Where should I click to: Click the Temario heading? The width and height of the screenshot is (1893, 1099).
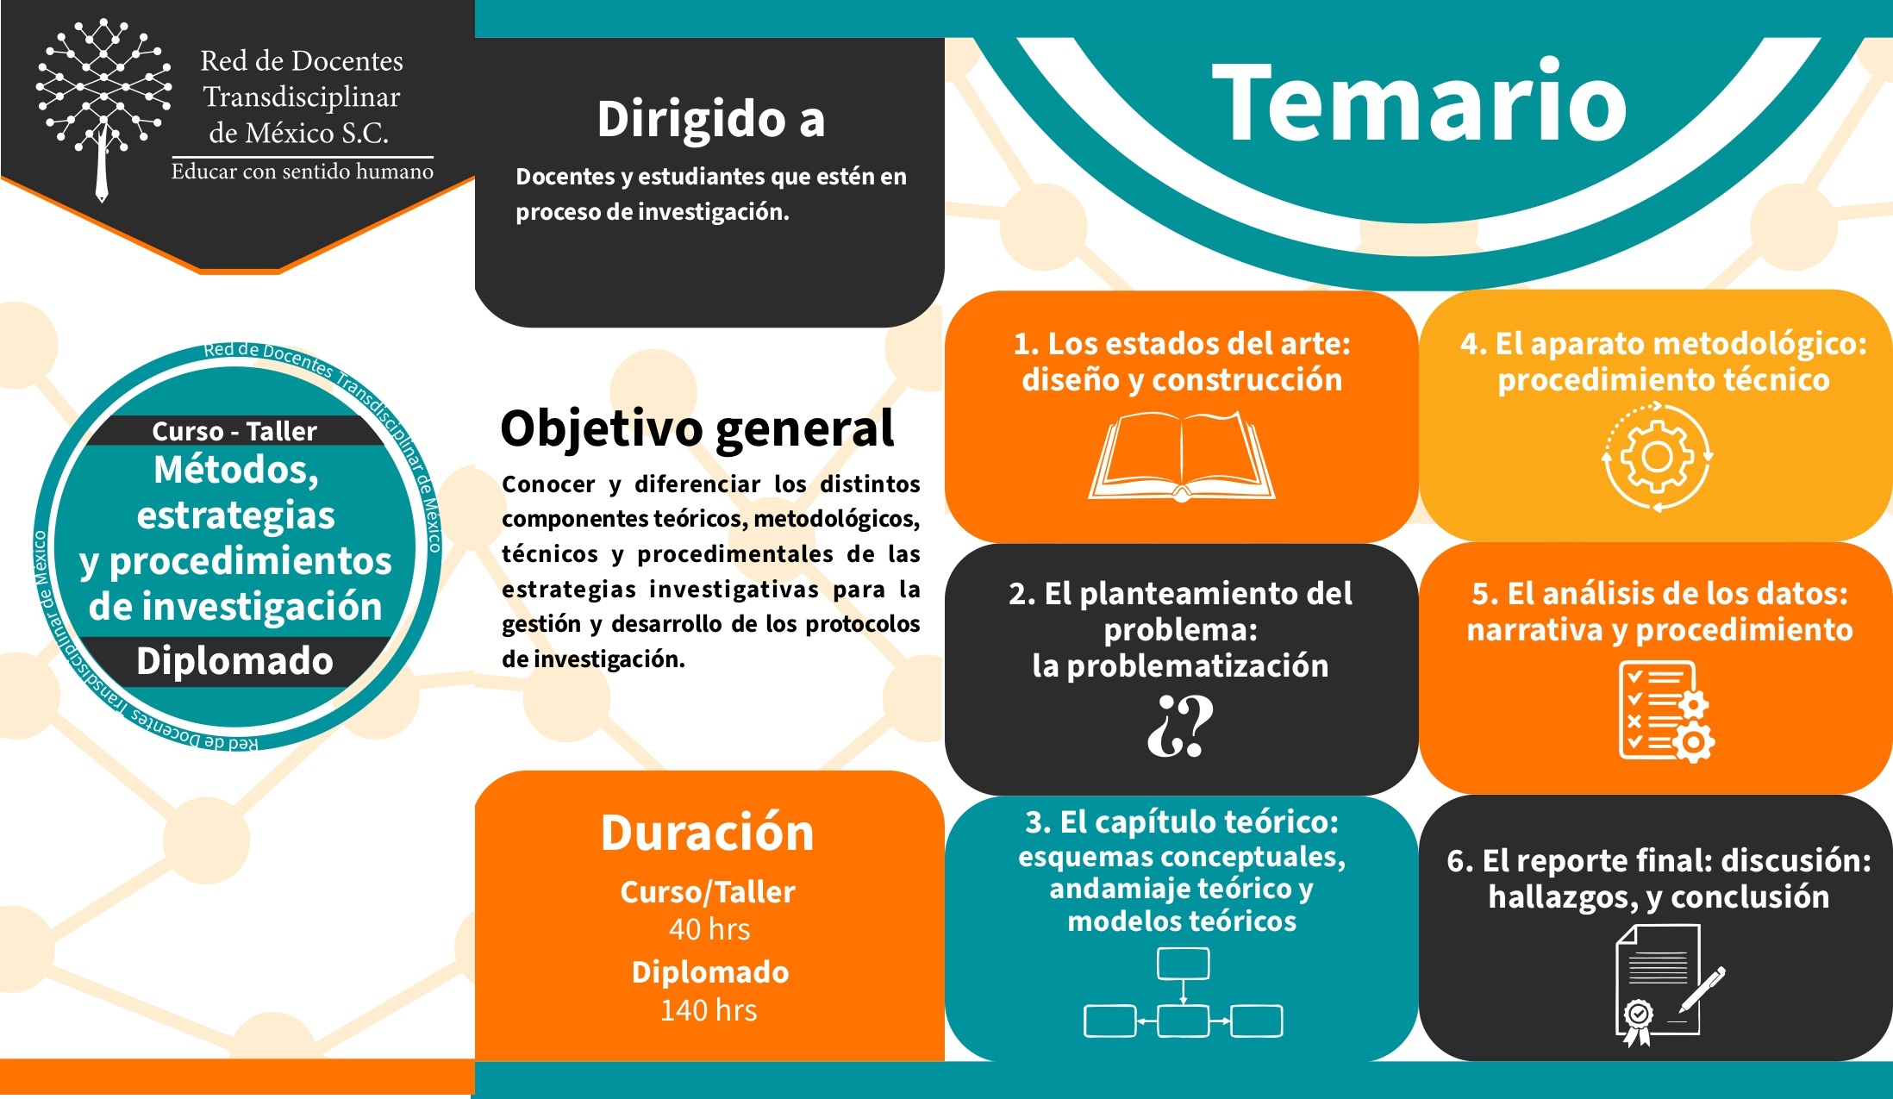pos(1419,103)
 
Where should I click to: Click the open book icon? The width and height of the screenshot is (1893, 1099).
pos(1182,457)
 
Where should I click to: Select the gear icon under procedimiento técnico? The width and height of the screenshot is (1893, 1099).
pos(1657,457)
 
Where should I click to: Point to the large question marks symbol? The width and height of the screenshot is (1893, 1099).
pos(1180,726)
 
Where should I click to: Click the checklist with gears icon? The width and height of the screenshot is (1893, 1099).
pos(1666,712)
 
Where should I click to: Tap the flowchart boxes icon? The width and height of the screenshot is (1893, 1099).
pos(1183,992)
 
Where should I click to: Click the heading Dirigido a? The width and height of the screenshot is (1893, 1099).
pos(711,119)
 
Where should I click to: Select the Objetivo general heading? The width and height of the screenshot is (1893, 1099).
pos(697,428)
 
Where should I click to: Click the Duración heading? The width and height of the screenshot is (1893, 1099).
pos(708,833)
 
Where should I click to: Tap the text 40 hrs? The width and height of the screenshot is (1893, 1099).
pos(709,929)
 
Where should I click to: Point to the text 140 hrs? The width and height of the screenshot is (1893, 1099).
pos(709,1010)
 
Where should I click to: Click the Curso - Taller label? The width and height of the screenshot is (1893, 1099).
pos(234,431)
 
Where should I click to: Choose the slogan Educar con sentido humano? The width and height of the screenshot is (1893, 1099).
pos(303,172)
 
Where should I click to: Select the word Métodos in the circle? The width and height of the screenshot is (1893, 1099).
pos(236,471)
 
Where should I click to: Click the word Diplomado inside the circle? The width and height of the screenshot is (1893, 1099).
pos(234,661)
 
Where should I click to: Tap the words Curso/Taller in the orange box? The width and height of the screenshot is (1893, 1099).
pos(708,892)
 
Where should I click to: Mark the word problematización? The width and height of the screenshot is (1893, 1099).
pos(1197,665)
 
